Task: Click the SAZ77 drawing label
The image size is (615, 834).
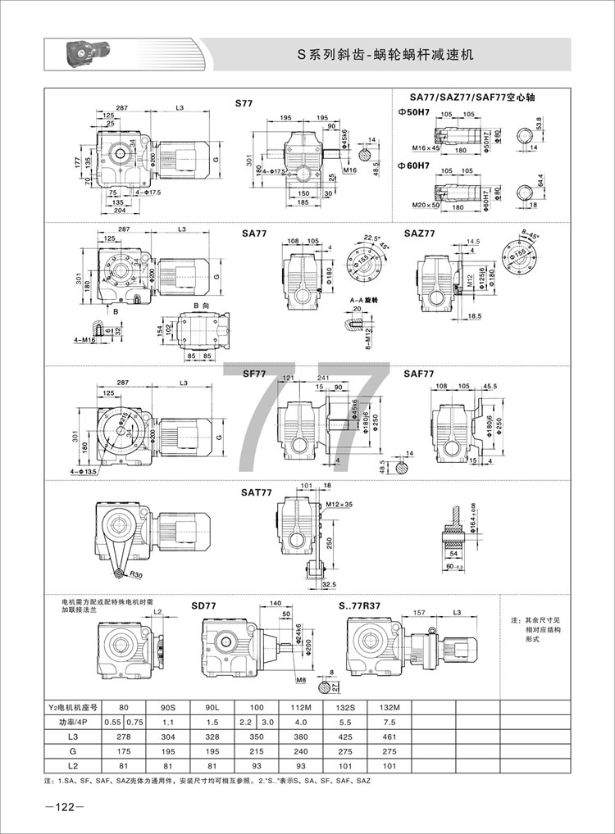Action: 420,233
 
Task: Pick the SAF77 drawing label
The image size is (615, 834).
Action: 419,374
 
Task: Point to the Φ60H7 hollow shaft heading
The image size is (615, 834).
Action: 412,165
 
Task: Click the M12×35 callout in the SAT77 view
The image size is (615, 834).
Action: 338,504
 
